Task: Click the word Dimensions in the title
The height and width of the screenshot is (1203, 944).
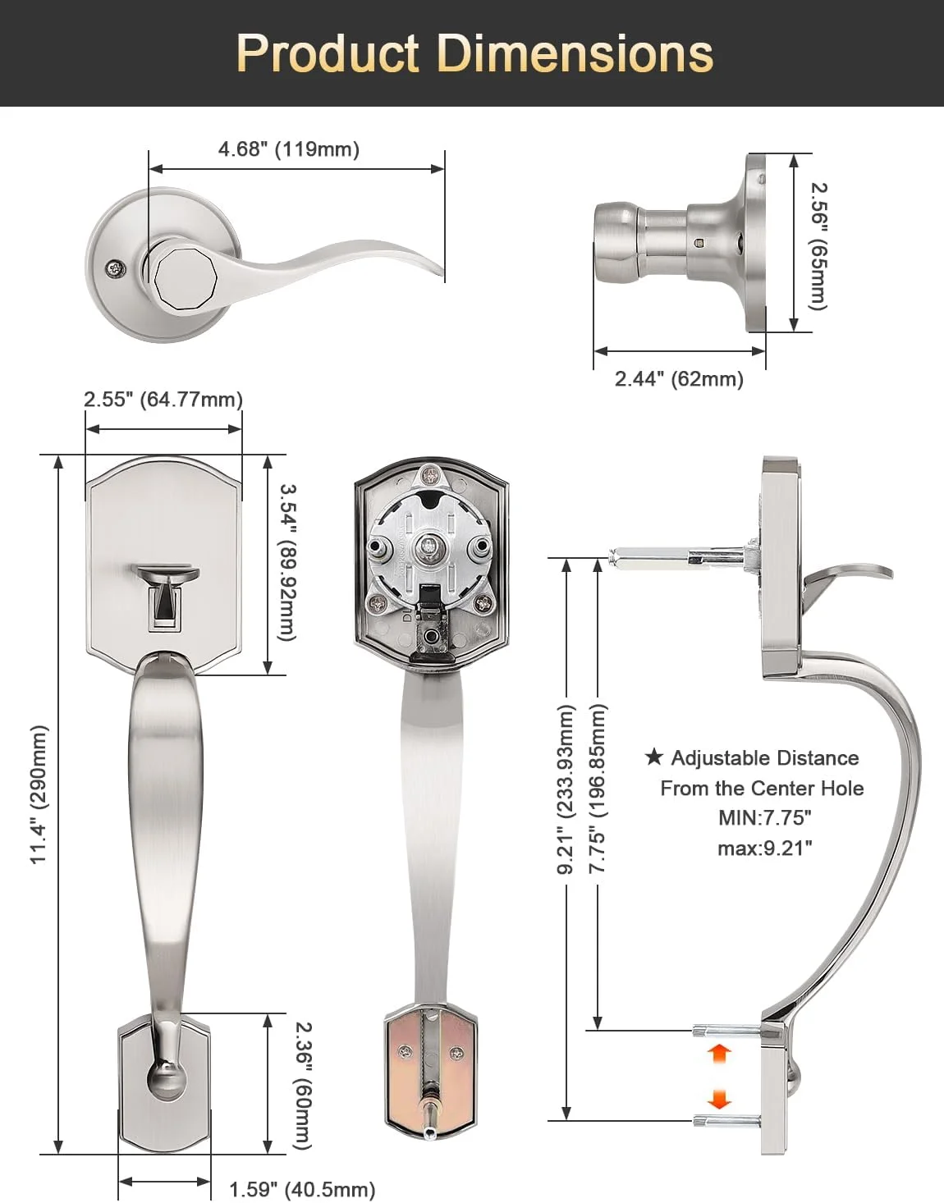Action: [575, 53]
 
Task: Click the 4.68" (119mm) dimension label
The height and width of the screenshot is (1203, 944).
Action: [288, 149]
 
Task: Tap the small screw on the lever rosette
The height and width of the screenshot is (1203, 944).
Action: [117, 268]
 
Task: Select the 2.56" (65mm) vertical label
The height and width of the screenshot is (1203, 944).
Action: [819, 246]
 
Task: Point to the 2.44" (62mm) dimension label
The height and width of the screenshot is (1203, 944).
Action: [679, 378]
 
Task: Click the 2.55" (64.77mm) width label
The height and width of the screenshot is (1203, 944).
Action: [163, 399]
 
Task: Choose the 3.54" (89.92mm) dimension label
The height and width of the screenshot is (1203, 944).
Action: [287, 562]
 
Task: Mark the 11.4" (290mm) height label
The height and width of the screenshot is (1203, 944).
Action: [39, 794]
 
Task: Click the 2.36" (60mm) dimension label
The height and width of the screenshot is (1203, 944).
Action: [302, 1086]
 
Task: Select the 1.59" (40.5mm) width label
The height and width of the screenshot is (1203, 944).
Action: [302, 1189]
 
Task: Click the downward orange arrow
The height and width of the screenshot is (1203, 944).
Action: [718, 1098]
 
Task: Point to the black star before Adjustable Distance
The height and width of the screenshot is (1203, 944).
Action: [654, 757]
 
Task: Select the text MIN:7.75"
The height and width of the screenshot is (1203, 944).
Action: [764, 817]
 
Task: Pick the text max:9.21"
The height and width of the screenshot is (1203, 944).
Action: [764, 848]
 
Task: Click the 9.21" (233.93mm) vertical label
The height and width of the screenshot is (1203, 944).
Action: [566, 789]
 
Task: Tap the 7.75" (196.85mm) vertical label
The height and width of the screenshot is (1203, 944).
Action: [598, 789]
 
